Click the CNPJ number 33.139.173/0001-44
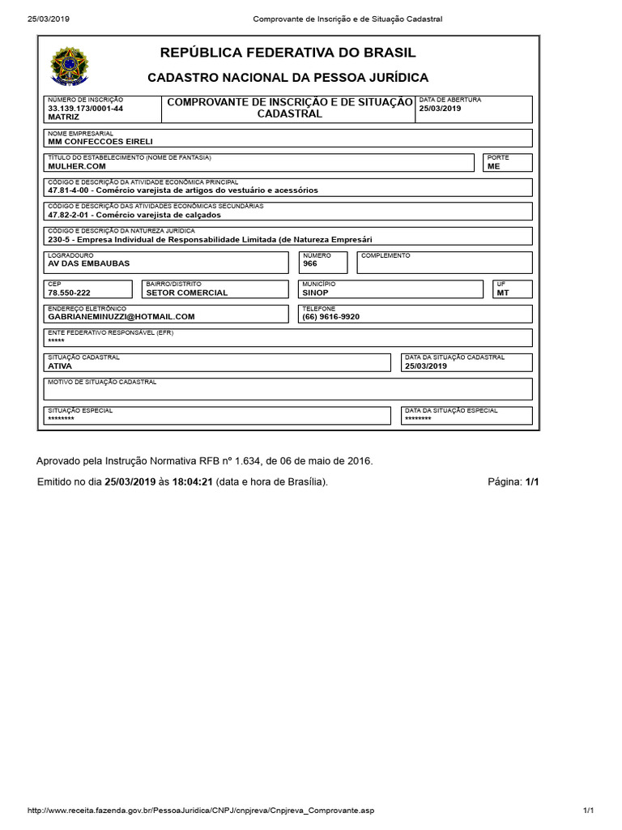coord(85,108)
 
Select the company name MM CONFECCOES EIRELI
coord(95,142)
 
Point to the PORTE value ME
coord(494,165)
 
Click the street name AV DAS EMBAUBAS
coord(88,264)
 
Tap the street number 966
coord(310,264)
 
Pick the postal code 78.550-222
coord(69,293)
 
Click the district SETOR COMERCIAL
coord(187,293)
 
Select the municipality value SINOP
coord(315,293)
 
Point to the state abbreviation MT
coord(503,293)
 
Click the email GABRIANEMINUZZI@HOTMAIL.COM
coord(121,317)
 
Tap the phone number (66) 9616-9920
coord(330,317)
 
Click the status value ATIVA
coord(60,366)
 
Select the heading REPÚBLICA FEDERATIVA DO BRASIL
coord(288,53)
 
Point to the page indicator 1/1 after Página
coord(531,481)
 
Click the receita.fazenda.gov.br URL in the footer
coord(201,811)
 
